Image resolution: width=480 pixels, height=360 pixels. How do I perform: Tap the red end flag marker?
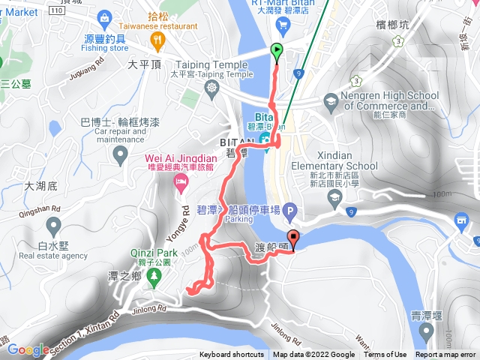(x=293, y=241)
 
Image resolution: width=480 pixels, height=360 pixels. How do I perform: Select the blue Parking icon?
(x=289, y=213)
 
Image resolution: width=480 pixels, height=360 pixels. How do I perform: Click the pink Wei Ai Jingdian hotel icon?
(x=180, y=183)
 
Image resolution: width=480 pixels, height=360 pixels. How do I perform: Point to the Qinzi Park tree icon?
(x=154, y=277)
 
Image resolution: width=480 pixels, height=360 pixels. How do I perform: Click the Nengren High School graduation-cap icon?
(x=331, y=100)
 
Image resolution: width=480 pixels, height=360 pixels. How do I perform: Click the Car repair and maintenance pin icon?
(x=120, y=156)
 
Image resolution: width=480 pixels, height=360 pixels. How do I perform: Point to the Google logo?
(x=28, y=349)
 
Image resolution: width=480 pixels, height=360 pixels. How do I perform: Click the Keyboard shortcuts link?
(x=232, y=355)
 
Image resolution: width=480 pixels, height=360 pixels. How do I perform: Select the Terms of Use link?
(x=385, y=355)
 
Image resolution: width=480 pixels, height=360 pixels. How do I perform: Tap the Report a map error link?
(x=447, y=355)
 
